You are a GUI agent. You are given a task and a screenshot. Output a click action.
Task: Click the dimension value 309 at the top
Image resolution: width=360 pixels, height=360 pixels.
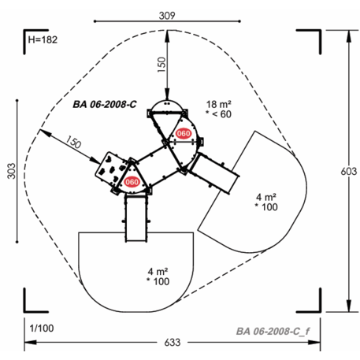[x=167, y=16]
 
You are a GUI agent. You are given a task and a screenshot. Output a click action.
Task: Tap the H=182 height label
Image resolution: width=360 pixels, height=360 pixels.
[x=43, y=39]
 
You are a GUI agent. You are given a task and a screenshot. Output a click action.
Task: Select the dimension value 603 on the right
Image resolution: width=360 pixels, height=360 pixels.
[x=349, y=171]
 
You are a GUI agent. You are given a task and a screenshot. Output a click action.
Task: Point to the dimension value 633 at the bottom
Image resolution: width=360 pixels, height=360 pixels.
[x=173, y=343]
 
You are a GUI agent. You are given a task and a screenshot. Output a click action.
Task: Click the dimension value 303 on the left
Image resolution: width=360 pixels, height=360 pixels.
[x=11, y=171]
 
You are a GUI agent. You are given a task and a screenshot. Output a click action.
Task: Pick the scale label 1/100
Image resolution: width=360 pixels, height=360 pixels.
[x=42, y=328]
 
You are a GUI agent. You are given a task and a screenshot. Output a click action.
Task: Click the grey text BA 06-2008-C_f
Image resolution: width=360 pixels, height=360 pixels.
[x=273, y=332]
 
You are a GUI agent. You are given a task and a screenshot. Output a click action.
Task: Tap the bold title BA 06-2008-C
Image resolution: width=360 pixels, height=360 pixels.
[x=105, y=104]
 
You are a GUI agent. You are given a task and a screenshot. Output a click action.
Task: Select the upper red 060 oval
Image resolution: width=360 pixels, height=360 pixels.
[x=184, y=134]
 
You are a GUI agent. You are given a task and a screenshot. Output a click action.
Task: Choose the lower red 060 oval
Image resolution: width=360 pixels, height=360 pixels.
[x=132, y=182]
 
